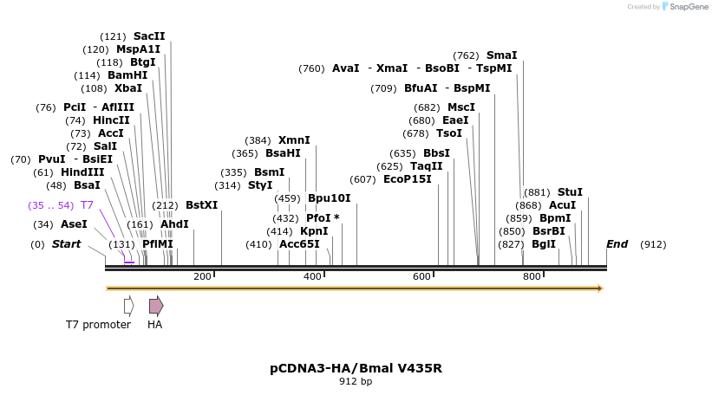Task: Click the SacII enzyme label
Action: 149,36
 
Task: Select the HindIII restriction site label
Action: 82,172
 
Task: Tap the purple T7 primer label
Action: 87,205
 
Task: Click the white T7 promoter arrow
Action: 128,305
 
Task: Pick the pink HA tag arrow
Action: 156,305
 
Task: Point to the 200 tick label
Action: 202,276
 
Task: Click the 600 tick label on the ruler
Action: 421,276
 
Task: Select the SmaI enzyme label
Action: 501,55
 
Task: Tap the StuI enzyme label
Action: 570,192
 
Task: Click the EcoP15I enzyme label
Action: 408,179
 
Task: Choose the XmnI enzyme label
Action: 294,140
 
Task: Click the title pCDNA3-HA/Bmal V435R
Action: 356,368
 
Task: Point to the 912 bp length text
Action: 356,381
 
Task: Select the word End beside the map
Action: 617,244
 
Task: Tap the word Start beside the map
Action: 66,244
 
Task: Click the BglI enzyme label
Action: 544,244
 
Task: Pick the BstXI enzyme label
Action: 202,205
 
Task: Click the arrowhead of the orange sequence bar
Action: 598,288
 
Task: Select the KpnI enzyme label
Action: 314,231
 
